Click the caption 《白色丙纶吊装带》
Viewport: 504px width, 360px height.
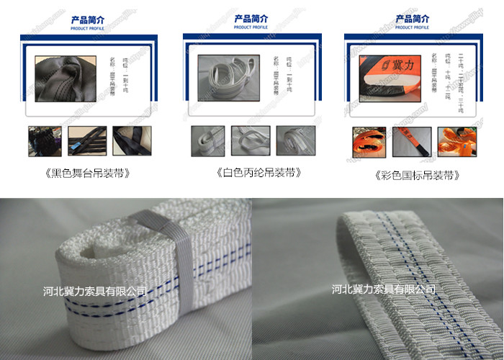coord(258,173)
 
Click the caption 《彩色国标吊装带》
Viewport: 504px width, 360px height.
coord(417,175)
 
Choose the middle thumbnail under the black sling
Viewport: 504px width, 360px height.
coord(87,140)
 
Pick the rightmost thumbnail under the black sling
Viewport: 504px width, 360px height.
coord(131,140)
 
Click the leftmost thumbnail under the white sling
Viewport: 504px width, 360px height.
coord(207,140)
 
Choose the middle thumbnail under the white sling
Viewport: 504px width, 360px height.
coord(251,140)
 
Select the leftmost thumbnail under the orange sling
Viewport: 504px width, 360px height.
coord(369,141)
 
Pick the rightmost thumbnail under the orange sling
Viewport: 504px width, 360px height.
coord(456,141)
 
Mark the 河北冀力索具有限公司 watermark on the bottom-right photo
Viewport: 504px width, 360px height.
coord(384,289)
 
